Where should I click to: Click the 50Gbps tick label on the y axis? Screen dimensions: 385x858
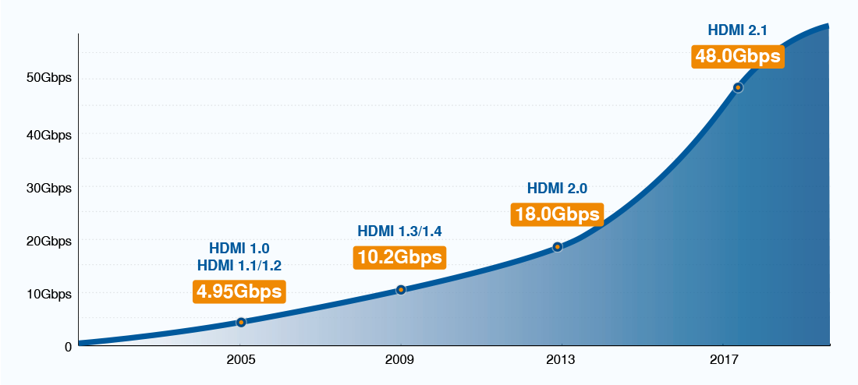[50, 78]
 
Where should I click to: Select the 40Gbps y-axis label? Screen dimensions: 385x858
[50, 135]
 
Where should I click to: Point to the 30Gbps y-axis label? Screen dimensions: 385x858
[50, 188]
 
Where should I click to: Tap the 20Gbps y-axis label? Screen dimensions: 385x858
[50, 241]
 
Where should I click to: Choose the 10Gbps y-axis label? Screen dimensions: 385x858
[50, 294]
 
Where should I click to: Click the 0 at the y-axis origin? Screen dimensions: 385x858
[68, 346]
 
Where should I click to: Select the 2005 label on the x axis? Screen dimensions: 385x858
[240, 360]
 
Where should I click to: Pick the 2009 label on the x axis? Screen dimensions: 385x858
[400, 360]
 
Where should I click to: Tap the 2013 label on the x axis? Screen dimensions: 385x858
[561, 360]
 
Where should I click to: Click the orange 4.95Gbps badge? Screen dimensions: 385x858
[239, 291]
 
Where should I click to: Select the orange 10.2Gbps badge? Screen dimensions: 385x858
[399, 256]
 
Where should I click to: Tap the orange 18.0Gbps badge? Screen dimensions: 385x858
[557, 214]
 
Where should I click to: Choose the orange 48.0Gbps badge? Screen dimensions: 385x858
[737, 57]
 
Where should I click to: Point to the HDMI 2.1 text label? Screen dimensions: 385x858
[737, 31]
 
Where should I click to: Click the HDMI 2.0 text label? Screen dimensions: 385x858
[557, 188]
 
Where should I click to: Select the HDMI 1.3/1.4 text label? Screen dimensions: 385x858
[399, 231]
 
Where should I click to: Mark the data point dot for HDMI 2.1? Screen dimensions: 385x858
[738, 88]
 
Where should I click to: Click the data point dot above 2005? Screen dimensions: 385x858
[241, 322]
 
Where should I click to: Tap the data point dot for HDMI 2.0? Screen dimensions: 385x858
[558, 247]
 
